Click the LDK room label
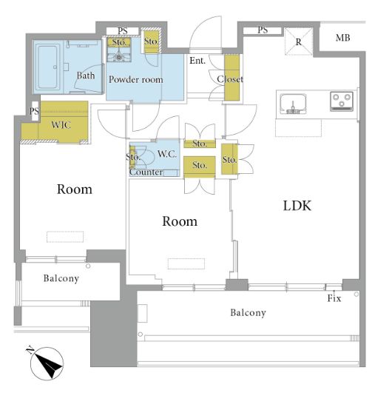(x=297, y=206)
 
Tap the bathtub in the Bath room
(x=48, y=67)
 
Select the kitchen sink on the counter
(x=293, y=104)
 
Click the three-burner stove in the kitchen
(x=342, y=101)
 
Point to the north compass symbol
(x=47, y=363)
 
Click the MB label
(x=342, y=38)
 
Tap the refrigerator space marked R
(x=299, y=42)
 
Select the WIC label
(x=61, y=125)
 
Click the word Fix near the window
(x=334, y=298)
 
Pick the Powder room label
(x=136, y=79)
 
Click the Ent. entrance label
(x=197, y=61)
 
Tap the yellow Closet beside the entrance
(x=232, y=78)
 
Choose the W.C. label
(x=167, y=154)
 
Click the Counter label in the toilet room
(x=146, y=172)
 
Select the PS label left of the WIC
(x=34, y=112)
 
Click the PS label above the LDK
(x=263, y=30)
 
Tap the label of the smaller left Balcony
(x=61, y=278)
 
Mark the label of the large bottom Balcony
(x=248, y=312)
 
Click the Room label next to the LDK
(x=180, y=221)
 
